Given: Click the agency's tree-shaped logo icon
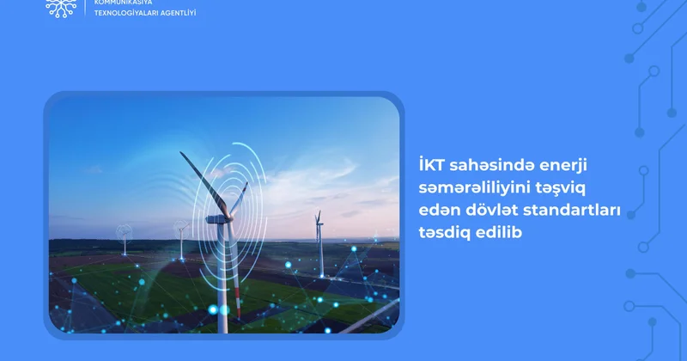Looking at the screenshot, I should point(60,8).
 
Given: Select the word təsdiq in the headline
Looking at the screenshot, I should point(438,232).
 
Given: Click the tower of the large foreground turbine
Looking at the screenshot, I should point(222,284).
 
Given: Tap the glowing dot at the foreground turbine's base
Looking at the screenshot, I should point(224,309).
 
